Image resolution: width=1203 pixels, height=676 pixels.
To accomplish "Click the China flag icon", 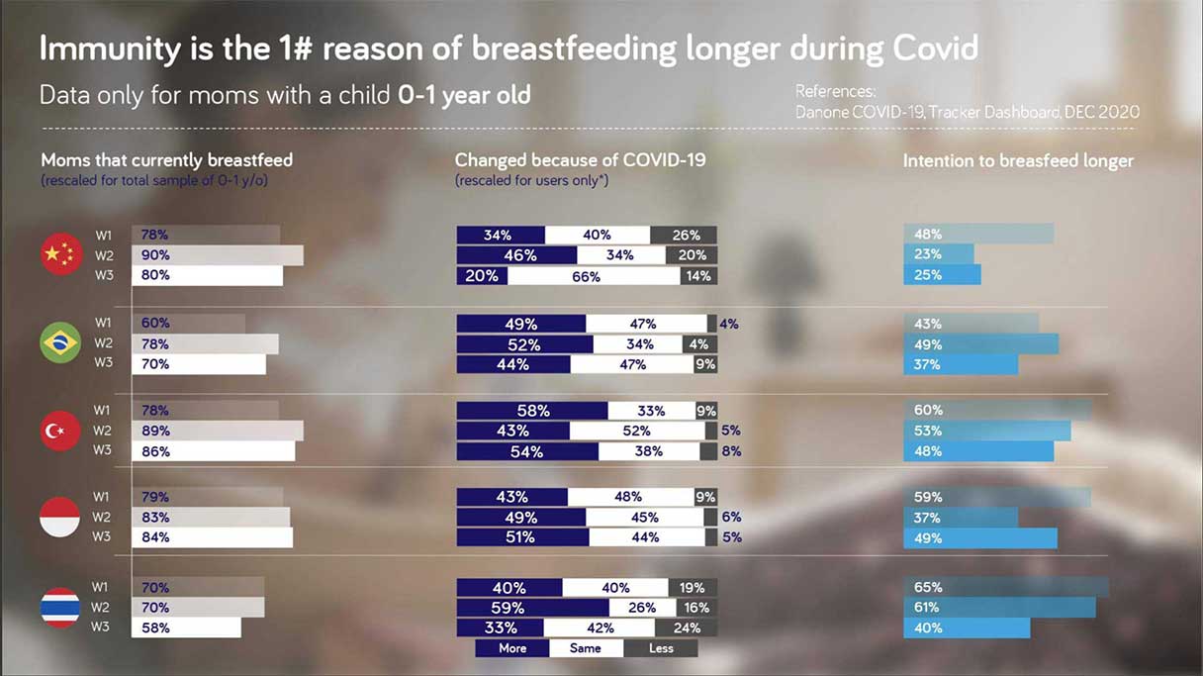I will [x=61, y=255].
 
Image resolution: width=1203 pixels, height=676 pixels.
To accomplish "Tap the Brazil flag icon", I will [x=60, y=343].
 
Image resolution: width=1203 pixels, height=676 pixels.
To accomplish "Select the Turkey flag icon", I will [x=60, y=431].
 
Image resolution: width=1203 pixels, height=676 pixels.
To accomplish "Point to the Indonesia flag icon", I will [x=60, y=518].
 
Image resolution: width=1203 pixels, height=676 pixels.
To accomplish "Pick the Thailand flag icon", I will [x=60, y=607].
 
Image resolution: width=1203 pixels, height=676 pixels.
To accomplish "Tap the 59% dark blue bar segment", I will [x=532, y=608].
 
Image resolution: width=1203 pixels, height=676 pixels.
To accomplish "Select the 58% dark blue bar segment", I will [x=532, y=411].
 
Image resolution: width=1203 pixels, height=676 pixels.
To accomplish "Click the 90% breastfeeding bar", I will [x=218, y=255].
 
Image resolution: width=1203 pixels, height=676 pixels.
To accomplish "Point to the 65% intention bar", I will [x=1005, y=587].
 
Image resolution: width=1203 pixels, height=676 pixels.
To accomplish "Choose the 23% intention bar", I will [x=938, y=254].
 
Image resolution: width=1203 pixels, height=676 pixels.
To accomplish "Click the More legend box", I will [x=512, y=648].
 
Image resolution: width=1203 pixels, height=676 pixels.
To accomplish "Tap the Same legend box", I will [x=586, y=648].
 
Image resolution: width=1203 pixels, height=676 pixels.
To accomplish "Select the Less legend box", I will [x=661, y=648].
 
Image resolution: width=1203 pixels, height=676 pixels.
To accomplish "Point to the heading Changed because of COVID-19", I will [x=580, y=159].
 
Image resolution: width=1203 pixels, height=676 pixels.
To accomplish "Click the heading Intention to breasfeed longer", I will [x=1018, y=160].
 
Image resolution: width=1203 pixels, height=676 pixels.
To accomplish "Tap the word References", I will [x=835, y=92].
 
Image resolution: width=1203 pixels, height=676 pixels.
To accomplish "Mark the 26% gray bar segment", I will [x=684, y=236].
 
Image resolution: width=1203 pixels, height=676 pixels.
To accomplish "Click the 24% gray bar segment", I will [x=686, y=628].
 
